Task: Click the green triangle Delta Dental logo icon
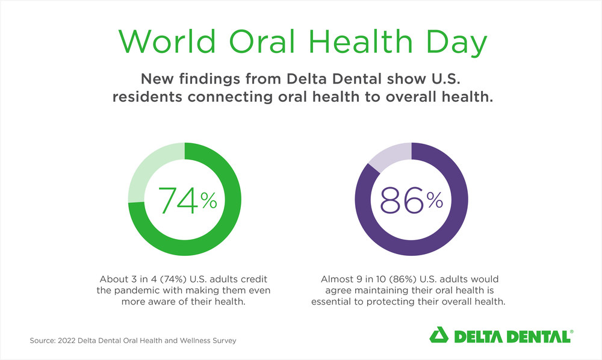(439, 335)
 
